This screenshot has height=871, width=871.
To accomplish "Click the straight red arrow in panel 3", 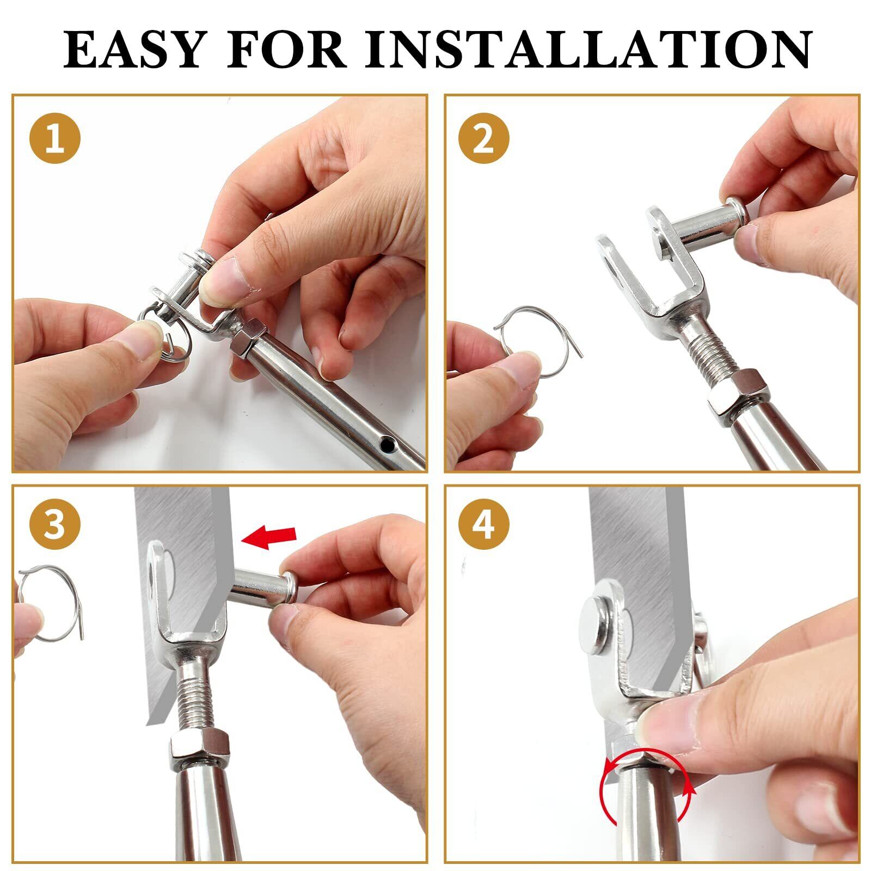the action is coord(269,537).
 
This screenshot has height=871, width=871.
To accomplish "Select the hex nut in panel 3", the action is coord(199,745).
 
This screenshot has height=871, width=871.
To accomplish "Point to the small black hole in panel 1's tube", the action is coord(387,446).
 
